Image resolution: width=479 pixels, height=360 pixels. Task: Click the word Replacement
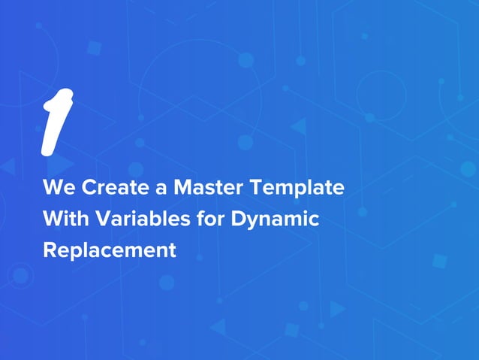[x=110, y=250]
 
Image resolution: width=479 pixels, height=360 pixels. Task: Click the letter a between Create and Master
[x=157, y=189]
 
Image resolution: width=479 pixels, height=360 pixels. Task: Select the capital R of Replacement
[x=50, y=250]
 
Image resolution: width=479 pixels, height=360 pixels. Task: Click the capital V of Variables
[x=96, y=219]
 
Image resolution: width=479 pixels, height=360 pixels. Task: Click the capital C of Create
[x=87, y=188]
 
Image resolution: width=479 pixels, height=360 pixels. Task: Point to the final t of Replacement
[x=172, y=250]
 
